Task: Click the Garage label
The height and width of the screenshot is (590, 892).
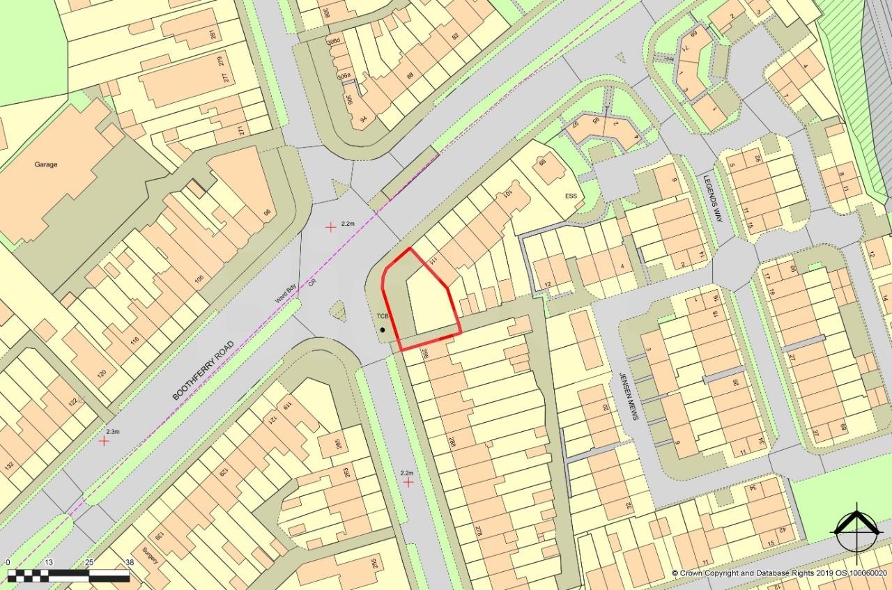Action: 46,164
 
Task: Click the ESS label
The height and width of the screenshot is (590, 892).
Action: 571,196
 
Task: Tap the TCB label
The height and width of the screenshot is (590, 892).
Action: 382,316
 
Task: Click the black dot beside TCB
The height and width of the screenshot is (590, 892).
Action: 383,329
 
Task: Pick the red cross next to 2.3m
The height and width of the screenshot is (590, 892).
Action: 104,440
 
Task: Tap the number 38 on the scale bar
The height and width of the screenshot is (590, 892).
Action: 129,562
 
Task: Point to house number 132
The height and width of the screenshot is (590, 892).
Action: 9,466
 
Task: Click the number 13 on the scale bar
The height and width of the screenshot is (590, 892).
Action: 48,562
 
